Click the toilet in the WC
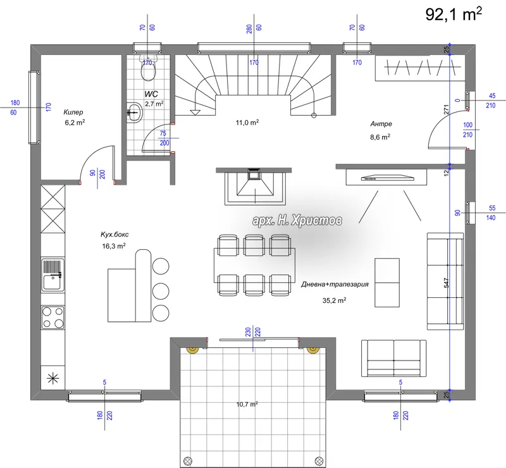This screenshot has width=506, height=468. coord(149,67)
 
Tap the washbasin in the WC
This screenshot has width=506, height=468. coord(134,113)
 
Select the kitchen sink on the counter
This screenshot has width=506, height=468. coord(53,275)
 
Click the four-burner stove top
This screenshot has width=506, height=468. coord(53,317)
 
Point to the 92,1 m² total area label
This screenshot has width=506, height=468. coord(454,14)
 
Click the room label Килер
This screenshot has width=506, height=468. coord(73,113)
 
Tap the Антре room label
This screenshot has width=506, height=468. coord(381,123)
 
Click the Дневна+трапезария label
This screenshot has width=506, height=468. coord(335,285)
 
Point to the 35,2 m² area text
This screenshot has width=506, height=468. coord(335,300)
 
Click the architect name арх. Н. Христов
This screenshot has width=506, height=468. coord(297,221)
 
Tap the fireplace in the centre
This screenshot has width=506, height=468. coord(255,186)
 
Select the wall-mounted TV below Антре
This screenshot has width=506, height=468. coord(386,177)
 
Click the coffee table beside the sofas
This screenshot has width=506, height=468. coord(387,283)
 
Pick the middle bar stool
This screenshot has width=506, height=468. coord(161,291)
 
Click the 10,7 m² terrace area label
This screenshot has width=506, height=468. coord(247,404)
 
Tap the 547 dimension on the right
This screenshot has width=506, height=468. coord(447,283)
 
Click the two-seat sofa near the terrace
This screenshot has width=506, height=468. coord(393,358)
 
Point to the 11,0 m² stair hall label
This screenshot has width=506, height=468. coord(247,123)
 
